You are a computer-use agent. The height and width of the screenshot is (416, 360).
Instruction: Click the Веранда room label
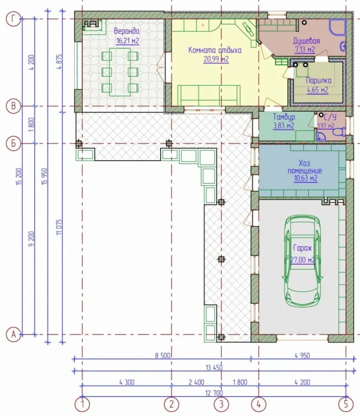[x=126, y=31]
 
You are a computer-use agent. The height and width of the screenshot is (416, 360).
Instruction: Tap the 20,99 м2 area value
[x=216, y=59]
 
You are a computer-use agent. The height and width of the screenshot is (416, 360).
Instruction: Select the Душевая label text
[x=306, y=41]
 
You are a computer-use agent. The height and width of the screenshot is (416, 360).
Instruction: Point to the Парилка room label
[x=319, y=80]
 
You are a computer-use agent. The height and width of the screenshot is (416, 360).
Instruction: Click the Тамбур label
[x=284, y=117]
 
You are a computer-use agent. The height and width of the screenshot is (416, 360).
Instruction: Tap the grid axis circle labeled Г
[x=13, y=19]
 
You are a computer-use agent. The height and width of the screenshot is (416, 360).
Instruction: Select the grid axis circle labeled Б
[x=13, y=144]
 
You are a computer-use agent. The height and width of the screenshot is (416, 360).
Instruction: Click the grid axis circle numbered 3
[x=221, y=404]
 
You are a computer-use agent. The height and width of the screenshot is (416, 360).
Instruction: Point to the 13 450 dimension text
[x=214, y=368]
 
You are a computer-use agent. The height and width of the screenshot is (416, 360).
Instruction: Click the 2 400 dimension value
[x=197, y=382]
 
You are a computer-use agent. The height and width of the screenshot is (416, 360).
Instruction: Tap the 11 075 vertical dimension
[x=59, y=227]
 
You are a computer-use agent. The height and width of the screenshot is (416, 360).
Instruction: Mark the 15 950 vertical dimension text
[x=44, y=176]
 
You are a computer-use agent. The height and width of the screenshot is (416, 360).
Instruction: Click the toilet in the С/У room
[x=339, y=132]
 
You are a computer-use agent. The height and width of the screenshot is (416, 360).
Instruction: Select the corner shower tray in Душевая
[x=337, y=27]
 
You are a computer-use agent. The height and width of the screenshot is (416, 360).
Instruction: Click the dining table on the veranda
[x=120, y=72]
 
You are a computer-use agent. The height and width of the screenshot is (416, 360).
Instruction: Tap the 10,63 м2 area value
[x=306, y=178]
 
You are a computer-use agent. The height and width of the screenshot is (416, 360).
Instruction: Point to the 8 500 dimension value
[x=162, y=355]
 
